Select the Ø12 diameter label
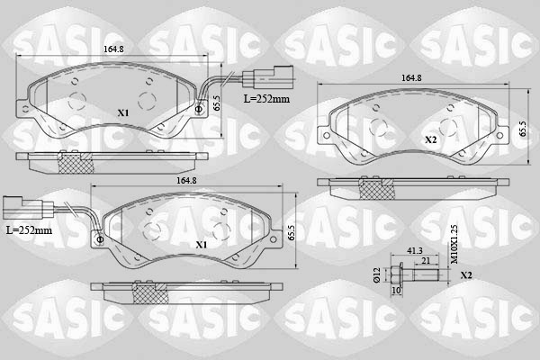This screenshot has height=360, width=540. (377, 275)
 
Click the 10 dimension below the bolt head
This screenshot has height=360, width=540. (396, 292)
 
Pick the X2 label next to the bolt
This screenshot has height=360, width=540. (465, 275)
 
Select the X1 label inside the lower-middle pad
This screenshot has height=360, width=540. (201, 244)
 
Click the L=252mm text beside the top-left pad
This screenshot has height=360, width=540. (266, 99)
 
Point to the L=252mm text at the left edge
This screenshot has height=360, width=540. (29, 230)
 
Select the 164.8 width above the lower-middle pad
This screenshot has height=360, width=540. (186, 182)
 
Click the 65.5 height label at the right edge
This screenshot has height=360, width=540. (523, 130)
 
